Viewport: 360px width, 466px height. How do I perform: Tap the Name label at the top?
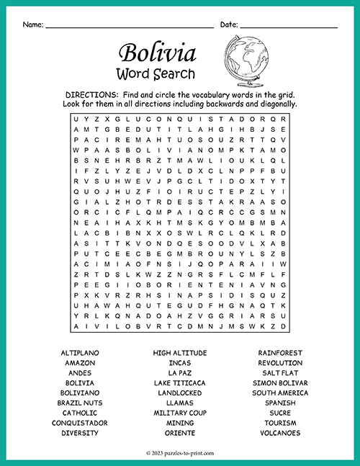tap(32, 24)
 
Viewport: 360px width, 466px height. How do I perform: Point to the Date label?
tap(228, 24)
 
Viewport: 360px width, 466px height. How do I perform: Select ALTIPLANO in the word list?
tap(79, 353)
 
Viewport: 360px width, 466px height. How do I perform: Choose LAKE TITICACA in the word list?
tap(180, 383)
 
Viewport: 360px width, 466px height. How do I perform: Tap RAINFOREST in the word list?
tap(280, 353)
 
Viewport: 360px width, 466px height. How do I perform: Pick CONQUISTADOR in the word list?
tap(79, 424)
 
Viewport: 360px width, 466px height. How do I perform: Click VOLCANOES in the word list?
tap(280, 434)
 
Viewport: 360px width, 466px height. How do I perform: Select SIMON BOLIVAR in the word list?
tap(280, 383)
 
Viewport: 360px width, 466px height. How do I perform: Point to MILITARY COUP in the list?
tap(180, 413)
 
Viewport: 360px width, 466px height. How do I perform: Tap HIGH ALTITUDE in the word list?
tap(180, 353)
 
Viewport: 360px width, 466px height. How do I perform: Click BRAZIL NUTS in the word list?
tap(79, 403)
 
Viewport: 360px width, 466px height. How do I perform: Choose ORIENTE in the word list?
tap(180, 434)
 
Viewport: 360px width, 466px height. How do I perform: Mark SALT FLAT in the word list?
tap(280, 373)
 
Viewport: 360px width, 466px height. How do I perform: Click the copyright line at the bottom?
tap(180, 452)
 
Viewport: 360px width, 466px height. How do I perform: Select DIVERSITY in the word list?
tap(79, 434)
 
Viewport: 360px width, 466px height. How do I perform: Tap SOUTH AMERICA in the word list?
tap(280, 393)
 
